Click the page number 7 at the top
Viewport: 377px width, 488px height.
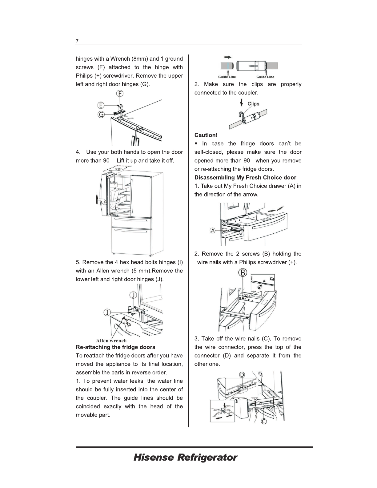(x=77, y=41)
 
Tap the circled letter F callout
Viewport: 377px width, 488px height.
(x=120, y=93)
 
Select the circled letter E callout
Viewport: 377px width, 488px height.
(x=101, y=105)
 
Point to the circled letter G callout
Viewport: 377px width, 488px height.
(x=101, y=115)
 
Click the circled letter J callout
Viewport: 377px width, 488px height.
(x=133, y=295)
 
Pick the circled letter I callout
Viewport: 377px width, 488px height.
(x=107, y=312)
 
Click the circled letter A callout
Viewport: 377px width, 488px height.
(x=213, y=231)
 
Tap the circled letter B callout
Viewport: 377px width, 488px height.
(x=243, y=273)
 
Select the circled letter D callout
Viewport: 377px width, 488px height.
(x=242, y=375)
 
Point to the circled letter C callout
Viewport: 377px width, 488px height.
(x=264, y=421)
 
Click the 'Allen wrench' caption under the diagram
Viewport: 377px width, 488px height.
(x=111, y=341)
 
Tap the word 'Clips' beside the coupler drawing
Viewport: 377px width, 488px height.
(x=253, y=104)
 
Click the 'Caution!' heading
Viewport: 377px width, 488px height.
(x=206, y=135)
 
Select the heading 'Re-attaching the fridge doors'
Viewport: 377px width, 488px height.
(x=115, y=347)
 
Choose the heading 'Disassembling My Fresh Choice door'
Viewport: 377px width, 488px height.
(x=245, y=177)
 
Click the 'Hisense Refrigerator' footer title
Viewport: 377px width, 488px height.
(x=185, y=457)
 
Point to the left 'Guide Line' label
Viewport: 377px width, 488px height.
(x=227, y=77)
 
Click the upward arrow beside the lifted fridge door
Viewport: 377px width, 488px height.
(x=97, y=199)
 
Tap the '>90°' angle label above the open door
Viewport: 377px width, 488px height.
(x=118, y=169)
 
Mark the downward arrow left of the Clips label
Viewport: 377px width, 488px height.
(x=242, y=102)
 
